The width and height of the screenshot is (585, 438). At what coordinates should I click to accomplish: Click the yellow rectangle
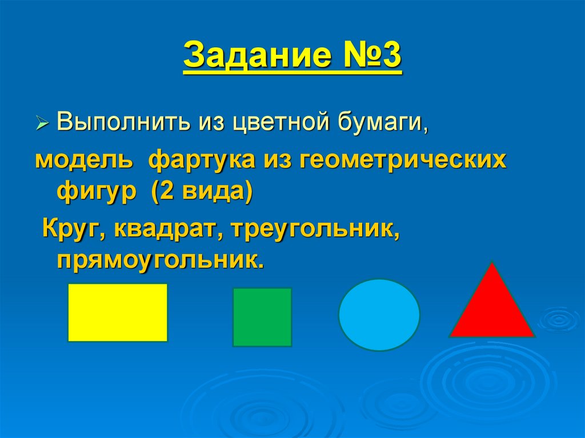point(118,312)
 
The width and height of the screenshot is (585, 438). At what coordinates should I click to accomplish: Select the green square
point(262,317)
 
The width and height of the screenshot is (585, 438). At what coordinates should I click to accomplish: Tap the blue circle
point(379,314)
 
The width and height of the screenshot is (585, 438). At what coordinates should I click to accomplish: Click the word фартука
point(202,162)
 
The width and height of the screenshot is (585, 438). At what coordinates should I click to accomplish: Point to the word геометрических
point(402,162)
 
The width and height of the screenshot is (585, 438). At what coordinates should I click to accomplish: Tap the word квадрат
point(165,231)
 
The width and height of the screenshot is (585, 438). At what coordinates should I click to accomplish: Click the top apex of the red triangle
point(492,263)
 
